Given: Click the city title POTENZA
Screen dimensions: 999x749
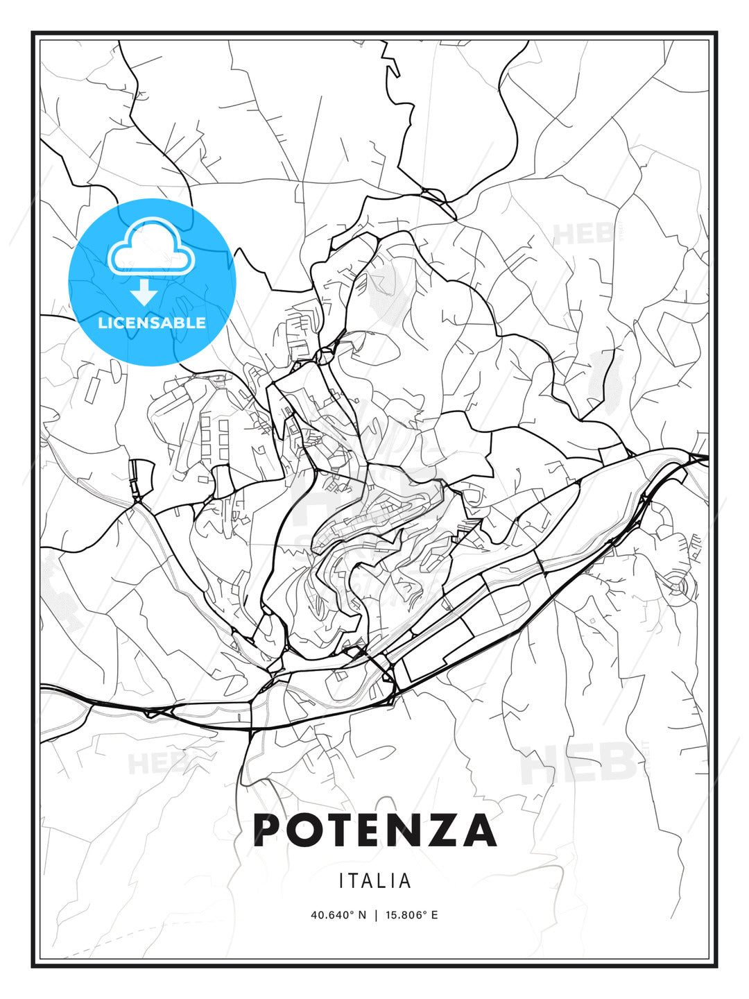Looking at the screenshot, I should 374,830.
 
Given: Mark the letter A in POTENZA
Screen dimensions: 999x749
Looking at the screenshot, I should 481,830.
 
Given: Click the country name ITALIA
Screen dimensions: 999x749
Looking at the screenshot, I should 374,881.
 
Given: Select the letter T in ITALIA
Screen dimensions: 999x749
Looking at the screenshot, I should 354,881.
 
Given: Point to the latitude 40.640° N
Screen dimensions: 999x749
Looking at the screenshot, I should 338,914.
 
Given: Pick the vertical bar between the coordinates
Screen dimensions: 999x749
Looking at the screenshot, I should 375,914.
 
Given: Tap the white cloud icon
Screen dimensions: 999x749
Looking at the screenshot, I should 151,246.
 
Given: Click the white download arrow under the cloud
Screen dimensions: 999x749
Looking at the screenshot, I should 144,293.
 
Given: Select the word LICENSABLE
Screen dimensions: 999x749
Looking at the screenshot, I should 152,323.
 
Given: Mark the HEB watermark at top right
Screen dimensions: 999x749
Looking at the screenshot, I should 583,234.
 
